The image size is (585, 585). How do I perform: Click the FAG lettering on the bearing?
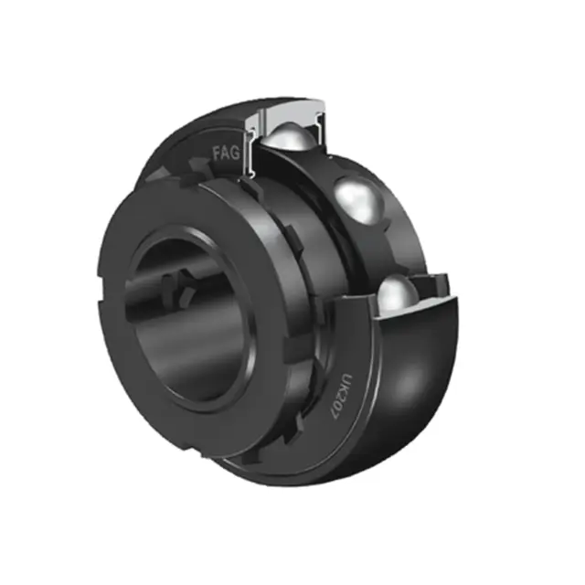(x=226, y=153)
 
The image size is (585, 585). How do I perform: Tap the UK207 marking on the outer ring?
(x=341, y=396)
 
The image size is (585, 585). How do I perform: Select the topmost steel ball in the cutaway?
(x=288, y=139)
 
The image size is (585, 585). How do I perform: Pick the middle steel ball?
(x=359, y=199)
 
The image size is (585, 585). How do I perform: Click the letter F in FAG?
(x=217, y=154)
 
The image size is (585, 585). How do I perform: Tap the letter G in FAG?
(x=235, y=153)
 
